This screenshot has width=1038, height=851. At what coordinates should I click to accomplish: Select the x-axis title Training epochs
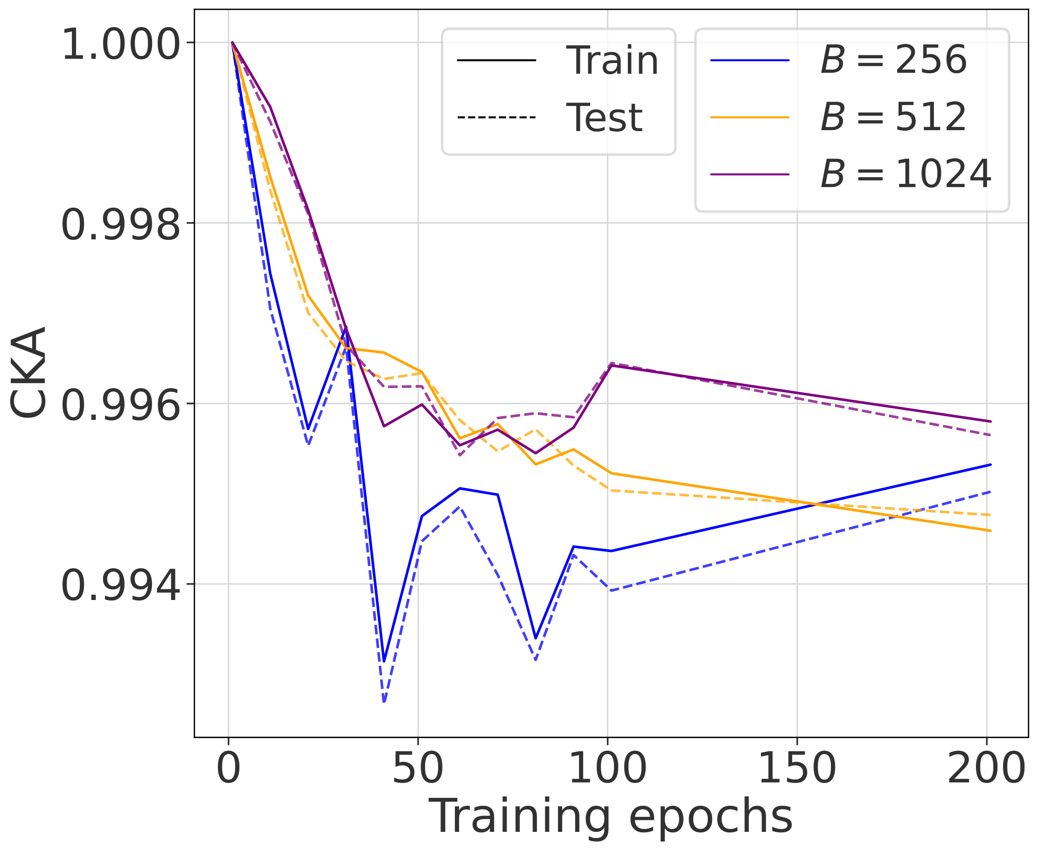(x=611, y=816)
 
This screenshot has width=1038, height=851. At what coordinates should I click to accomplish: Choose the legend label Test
(x=604, y=118)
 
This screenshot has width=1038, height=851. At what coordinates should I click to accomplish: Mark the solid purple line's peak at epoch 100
(x=610, y=365)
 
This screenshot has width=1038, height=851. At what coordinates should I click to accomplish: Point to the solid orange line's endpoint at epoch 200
(x=990, y=531)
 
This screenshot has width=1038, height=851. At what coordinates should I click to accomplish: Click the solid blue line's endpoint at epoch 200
(x=990, y=464)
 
